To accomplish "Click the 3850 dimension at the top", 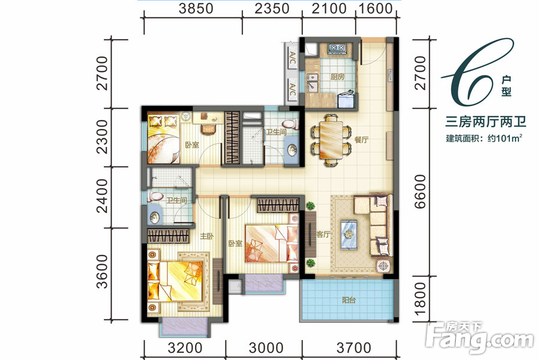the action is point(196,8).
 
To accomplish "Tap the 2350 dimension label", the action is point(272,8).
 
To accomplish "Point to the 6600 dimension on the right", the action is point(421,191).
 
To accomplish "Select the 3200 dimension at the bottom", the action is point(185,348).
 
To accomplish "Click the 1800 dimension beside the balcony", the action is point(421,299).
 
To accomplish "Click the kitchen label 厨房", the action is point(337,76).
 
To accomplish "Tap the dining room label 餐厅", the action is point(361,140).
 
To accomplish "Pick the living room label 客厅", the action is point(323,234).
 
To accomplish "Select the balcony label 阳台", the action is point(349,300).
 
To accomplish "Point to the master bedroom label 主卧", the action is point(207,236).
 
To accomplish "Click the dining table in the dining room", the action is point(331,140).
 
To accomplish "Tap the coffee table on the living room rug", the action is point(349,235).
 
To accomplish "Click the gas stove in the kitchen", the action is point(337,49).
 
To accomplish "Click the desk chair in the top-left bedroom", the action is point(208,130).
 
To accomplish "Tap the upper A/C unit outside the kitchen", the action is point(292,57).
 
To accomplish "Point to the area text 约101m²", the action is point(505,139).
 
